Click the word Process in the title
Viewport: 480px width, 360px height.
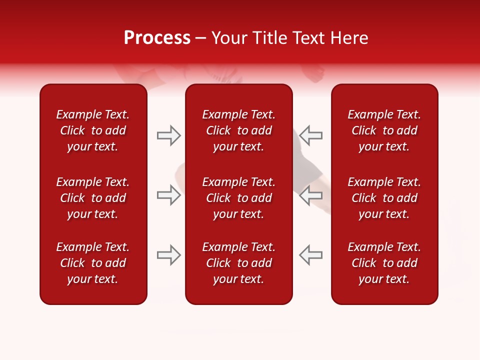click(x=157, y=38)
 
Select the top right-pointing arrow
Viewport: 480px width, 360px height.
click(x=168, y=135)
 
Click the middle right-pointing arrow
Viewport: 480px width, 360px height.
click(x=168, y=195)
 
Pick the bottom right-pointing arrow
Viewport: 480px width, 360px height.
click(x=168, y=255)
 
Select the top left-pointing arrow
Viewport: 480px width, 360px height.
click(x=311, y=135)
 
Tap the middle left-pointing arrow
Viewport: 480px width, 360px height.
click(x=311, y=195)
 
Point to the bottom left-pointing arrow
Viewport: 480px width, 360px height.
click(x=311, y=255)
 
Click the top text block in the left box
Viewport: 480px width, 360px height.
click(x=93, y=130)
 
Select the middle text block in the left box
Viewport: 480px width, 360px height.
click(x=93, y=198)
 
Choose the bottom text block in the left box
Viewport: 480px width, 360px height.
click(x=93, y=263)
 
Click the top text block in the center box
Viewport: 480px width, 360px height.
click(x=239, y=130)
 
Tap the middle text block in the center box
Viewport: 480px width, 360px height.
click(x=239, y=198)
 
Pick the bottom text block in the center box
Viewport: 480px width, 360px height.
click(x=239, y=263)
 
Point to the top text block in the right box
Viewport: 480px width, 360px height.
click(x=384, y=130)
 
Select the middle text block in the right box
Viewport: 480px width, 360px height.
click(x=384, y=198)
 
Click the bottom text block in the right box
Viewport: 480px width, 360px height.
click(x=384, y=263)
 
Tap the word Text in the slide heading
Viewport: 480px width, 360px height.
click(x=306, y=38)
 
